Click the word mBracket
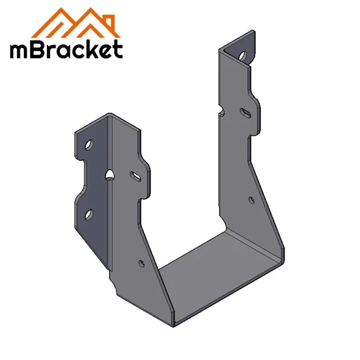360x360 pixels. [66, 49]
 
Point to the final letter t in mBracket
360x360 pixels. [118, 49]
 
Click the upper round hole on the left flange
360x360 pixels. [89, 145]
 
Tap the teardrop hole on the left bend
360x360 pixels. [109, 175]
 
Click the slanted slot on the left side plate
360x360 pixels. [136, 176]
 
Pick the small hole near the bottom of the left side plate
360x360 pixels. [141, 262]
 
